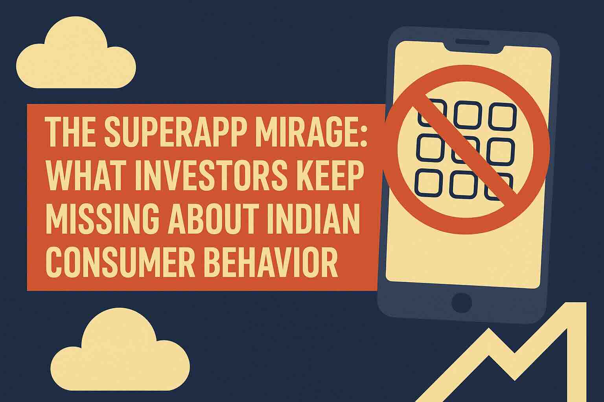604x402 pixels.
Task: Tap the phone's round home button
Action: tap(462, 303)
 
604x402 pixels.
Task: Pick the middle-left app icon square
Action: tap(430, 148)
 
